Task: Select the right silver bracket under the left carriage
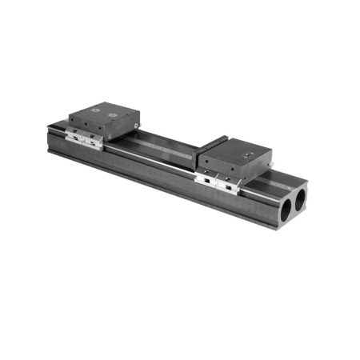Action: (x=94, y=142)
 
